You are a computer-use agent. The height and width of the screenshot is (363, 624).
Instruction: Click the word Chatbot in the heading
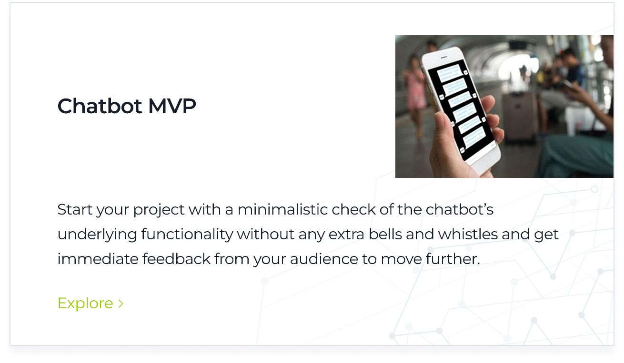(x=100, y=106)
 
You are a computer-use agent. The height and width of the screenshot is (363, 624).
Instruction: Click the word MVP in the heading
(x=172, y=106)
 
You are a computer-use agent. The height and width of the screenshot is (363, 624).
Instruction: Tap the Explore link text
(x=85, y=303)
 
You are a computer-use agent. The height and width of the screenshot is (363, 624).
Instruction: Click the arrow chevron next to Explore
(x=121, y=304)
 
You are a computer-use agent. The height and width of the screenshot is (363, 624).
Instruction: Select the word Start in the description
(x=74, y=210)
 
